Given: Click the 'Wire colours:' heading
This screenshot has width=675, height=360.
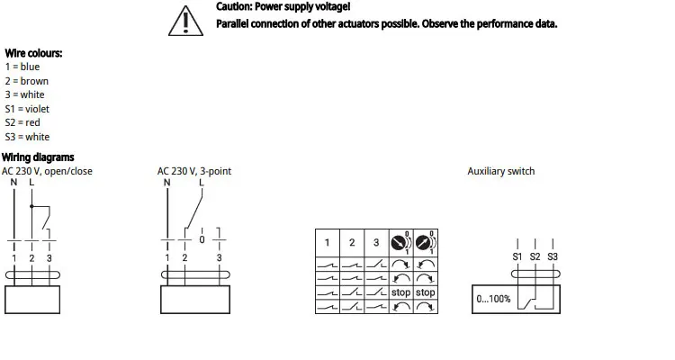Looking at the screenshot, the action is click(33, 53).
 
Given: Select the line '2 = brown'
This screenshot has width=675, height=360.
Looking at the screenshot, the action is click(27, 81).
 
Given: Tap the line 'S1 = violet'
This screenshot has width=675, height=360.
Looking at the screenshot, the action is click(27, 109).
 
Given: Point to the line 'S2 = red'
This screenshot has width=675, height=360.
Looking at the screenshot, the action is click(22, 122).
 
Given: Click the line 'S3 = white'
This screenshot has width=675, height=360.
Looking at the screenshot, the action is click(27, 137).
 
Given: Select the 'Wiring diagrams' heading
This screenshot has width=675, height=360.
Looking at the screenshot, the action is click(38, 157).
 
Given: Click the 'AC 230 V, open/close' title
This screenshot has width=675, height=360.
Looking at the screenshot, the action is click(47, 171).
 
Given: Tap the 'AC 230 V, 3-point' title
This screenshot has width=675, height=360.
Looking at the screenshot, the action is click(195, 171).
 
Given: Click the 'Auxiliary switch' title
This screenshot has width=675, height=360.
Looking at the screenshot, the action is click(500, 171).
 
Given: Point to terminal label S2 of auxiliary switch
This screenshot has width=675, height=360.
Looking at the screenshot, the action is click(535, 257).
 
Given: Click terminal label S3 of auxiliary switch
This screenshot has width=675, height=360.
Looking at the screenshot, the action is click(553, 257).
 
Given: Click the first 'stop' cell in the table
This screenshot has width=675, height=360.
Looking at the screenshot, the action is click(400, 292).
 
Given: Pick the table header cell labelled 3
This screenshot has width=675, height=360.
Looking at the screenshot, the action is click(376, 243).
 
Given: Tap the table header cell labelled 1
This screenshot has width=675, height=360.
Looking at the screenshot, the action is click(327, 243).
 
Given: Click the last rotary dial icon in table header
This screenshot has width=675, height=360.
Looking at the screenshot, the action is click(426, 243).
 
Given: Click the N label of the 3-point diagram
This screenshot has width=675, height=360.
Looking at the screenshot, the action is click(166, 183).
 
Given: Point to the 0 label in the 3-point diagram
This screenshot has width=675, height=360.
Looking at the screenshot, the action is click(202, 240).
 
